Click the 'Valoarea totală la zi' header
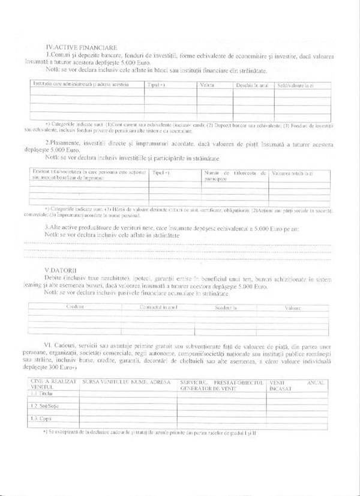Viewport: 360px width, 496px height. (292, 173)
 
